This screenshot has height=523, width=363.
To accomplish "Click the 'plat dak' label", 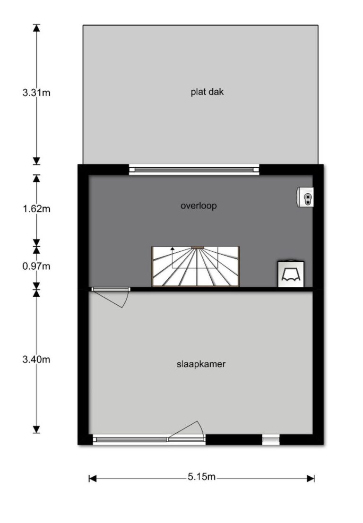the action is [207, 92].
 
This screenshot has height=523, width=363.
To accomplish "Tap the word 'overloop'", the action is [199, 206].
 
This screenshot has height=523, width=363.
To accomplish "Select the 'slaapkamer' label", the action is [201, 364].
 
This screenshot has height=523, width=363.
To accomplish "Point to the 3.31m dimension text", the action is [36, 93].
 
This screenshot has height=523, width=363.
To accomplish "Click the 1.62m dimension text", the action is [36, 209].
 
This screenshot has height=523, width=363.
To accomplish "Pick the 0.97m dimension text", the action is [36, 266].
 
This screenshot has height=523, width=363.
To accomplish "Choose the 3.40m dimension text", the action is [36, 359].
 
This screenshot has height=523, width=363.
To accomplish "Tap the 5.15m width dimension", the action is [201, 477].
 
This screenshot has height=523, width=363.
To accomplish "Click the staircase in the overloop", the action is [196, 266].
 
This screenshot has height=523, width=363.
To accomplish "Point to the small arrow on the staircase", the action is [173, 248].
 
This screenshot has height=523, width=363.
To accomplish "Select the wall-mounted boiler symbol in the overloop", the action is [305, 197].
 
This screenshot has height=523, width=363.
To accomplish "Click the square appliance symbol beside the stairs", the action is [291, 274].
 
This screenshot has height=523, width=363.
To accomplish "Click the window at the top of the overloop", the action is [194, 170].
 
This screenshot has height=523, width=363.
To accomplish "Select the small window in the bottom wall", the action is [270, 440].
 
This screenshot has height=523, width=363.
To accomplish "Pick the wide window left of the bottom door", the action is [130, 440].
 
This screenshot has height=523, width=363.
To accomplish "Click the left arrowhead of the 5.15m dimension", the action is [93, 479].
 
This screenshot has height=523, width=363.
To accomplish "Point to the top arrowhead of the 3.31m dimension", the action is [36, 28].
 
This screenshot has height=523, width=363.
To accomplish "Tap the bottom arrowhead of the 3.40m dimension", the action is [36, 429].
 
